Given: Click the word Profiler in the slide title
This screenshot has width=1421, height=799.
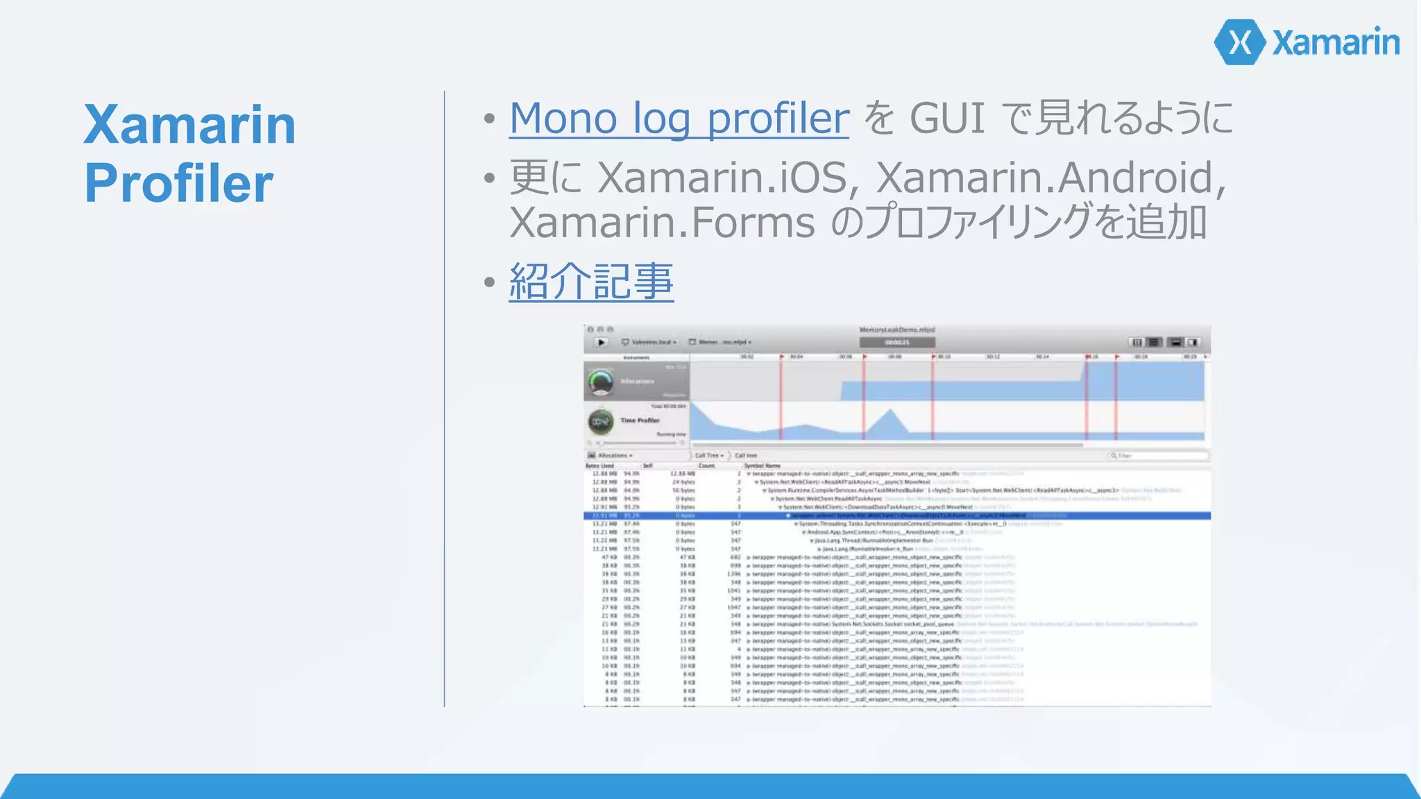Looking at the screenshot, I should pos(179,184).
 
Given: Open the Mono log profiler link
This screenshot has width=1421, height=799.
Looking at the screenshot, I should pos(679,118).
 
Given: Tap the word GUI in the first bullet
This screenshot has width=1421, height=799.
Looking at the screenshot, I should pos(946,118).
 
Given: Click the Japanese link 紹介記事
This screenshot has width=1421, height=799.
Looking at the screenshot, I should pos(591,282).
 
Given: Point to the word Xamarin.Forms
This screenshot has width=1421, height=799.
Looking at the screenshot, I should pos(662,223).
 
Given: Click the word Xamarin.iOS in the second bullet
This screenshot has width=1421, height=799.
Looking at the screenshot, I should pos(722,178).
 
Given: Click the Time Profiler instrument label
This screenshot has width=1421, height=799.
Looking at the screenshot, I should pos(640,420).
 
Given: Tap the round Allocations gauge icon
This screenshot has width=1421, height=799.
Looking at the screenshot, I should pos(601,381).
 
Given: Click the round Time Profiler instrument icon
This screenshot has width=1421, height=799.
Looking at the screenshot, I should pos(601,421).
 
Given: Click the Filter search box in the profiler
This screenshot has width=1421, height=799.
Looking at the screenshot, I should pos(1159,456).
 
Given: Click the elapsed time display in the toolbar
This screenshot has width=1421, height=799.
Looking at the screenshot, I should pos(896,343).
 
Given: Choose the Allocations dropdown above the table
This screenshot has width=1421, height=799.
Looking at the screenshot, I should pos(611,456).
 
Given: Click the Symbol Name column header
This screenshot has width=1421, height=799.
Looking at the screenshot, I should pos(763,466).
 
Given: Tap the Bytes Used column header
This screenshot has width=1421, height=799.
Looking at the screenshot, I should pos(599,466).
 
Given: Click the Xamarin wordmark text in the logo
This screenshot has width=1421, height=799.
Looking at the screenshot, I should pos(1336,43).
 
